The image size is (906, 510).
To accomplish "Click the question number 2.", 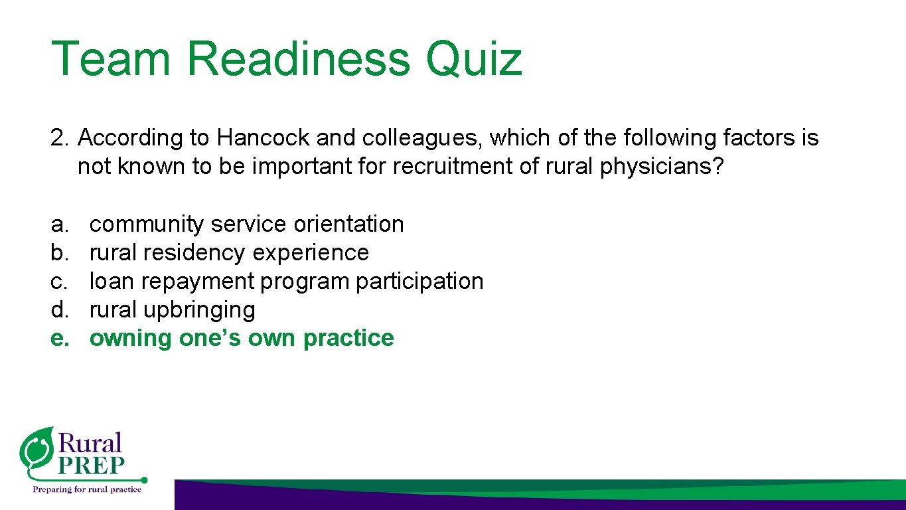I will click(60, 138).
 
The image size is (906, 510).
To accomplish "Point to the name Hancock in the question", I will click(264, 138).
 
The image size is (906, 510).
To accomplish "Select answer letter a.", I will click(60, 224).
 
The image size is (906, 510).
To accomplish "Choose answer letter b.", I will click(60, 253).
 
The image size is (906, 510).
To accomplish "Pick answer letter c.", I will click(60, 282).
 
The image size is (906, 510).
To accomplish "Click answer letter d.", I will click(60, 310).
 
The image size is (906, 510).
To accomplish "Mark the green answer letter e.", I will click(60, 339).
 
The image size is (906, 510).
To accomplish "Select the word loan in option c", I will click(112, 282).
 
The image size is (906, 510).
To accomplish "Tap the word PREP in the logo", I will click(91, 466).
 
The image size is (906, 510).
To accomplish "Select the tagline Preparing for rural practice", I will click(88, 489).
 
